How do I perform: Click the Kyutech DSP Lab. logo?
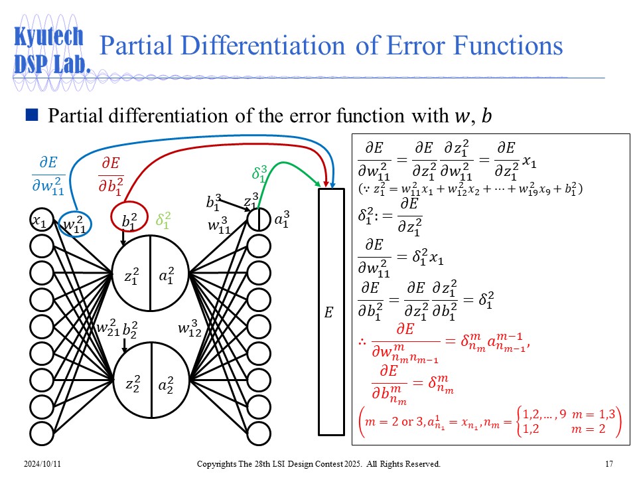(51, 51)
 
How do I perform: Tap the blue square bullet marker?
(32, 115)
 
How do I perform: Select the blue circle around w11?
(75, 224)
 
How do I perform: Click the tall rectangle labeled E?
(332, 312)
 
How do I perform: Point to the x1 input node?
(41, 220)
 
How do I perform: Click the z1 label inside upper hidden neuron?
(131, 276)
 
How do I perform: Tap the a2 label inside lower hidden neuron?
(166, 384)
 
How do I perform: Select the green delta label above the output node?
(259, 173)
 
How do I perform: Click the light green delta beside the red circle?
(163, 220)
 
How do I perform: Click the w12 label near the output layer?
(190, 329)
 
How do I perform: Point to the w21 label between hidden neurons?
(108, 327)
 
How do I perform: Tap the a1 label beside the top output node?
(282, 219)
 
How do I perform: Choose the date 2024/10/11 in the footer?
(42, 464)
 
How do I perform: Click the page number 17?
(609, 464)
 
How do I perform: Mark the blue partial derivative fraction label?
(48, 175)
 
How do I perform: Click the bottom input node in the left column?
(41, 434)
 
